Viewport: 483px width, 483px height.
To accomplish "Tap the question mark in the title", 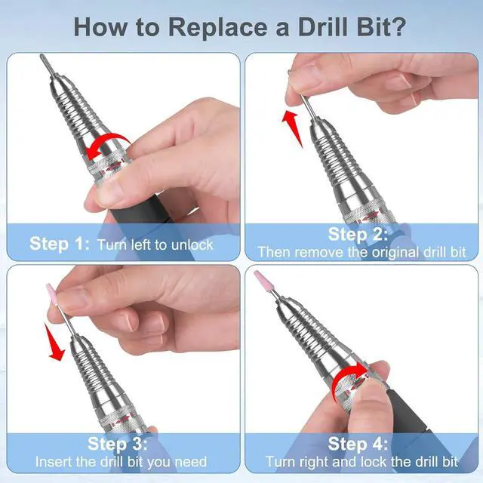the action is pos(398,27).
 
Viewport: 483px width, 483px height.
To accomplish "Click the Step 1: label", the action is pos(60,244).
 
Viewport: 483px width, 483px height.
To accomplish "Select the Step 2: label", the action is pos(358,235).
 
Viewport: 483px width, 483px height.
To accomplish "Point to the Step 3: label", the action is pos(118,444).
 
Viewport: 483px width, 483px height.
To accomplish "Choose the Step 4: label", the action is pos(358,445).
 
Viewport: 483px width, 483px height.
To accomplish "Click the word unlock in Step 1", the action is pos(192,245).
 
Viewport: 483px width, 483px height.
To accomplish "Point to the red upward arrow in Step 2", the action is pos(292,127).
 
